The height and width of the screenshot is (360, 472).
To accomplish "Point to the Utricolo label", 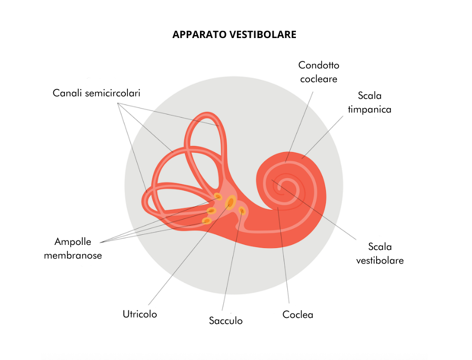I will click(x=140, y=314).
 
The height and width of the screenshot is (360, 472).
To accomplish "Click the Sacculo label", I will click(x=226, y=320).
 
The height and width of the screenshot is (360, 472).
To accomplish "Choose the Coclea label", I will click(x=298, y=315).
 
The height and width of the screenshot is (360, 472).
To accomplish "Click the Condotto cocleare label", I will click(x=319, y=72).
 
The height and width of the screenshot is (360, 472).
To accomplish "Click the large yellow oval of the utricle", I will click(x=230, y=203).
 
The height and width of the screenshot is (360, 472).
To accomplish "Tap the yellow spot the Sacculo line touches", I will click(x=242, y=210).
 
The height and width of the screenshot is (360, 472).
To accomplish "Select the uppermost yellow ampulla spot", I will click(x=218, y=196).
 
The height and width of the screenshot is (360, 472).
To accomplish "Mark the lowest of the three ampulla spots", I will click(x=207, y=221).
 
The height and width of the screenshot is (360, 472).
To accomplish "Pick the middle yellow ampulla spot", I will click(x=212, y=210).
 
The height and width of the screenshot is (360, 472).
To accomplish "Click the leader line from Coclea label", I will click(x=285, y=264).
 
